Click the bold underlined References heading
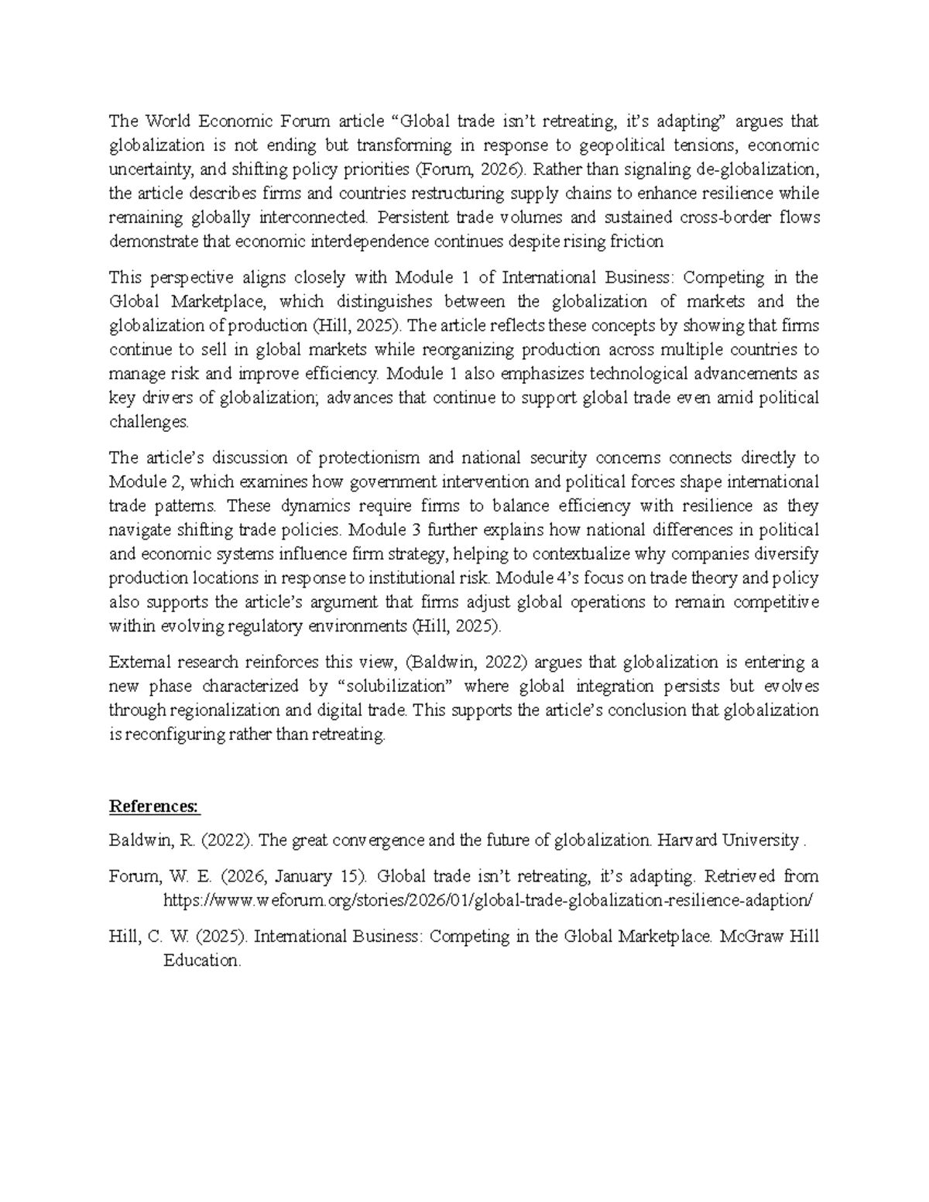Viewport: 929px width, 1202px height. click(x=154, y=806)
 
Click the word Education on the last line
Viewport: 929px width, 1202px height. click(x=201, y=961)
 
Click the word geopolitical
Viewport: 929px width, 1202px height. click(x=614, y=146)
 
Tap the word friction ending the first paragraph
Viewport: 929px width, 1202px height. click(x=636, y=241)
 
